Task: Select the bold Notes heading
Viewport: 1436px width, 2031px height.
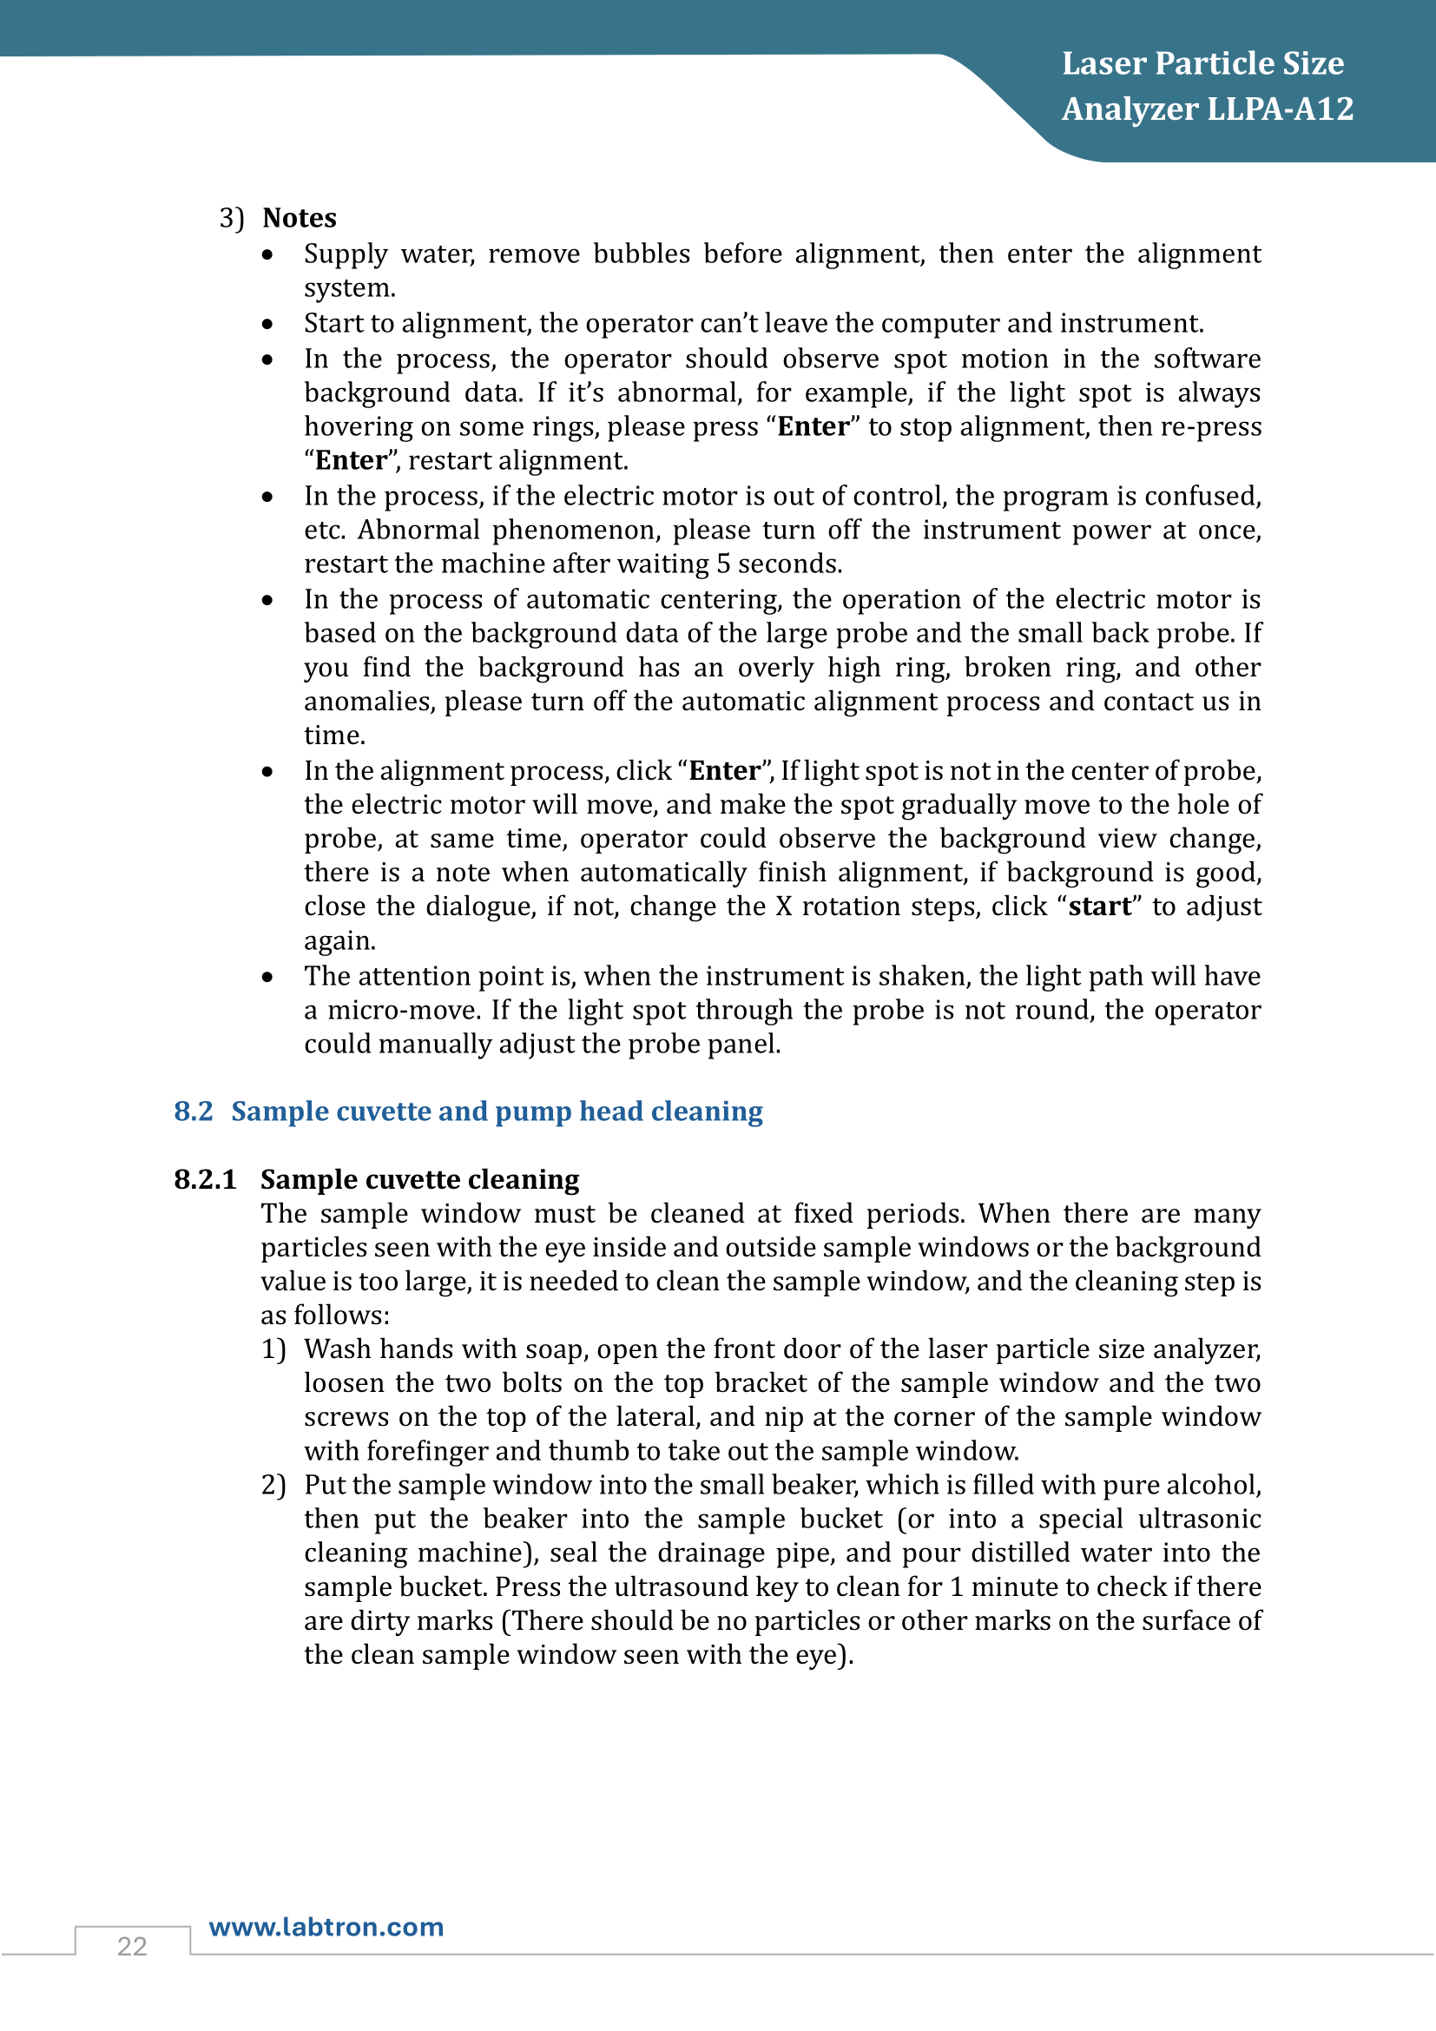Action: pos(300,218)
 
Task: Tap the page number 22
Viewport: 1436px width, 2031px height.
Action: pos(132,1946)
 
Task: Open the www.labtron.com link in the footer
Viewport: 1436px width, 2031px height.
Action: pos(326,1927)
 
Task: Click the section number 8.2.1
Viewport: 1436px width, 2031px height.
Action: pos(205,1179)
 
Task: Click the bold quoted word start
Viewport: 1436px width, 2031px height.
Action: pos(1099,907)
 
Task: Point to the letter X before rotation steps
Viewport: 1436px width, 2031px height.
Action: pos(783,907)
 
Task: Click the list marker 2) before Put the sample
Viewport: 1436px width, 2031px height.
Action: pos(273,1485)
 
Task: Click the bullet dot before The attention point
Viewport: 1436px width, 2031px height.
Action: pos(267,978)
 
